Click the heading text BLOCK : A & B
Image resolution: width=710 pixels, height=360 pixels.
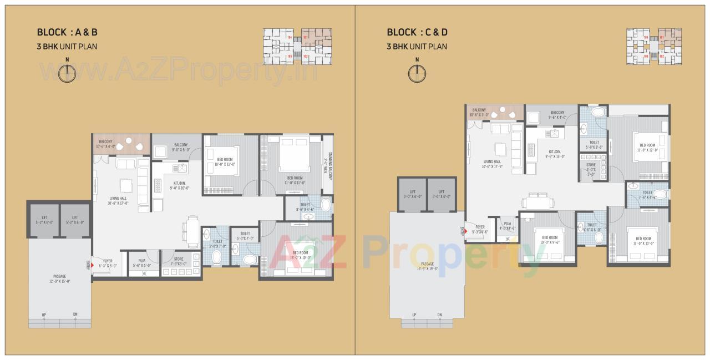(x=67, y=32)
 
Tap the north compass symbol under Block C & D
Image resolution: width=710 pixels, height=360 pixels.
(x=417, y=73)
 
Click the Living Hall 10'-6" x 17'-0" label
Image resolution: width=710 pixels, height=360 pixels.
(x=118, y=200)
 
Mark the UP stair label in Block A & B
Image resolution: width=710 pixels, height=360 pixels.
(x=44, y=315)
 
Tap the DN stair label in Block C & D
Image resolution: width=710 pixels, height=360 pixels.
(x=439, y=315)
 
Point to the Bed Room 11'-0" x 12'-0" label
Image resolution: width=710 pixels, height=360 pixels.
(x=647, y=148)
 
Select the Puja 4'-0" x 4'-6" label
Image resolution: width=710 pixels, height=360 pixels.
(x=508, y=226)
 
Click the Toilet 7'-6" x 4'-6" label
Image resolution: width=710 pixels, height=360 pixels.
(x=647, y=194)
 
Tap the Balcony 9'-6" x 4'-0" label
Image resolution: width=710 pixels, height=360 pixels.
(x=557, y=115)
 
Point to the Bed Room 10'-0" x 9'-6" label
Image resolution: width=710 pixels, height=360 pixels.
(x=549, y=240)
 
